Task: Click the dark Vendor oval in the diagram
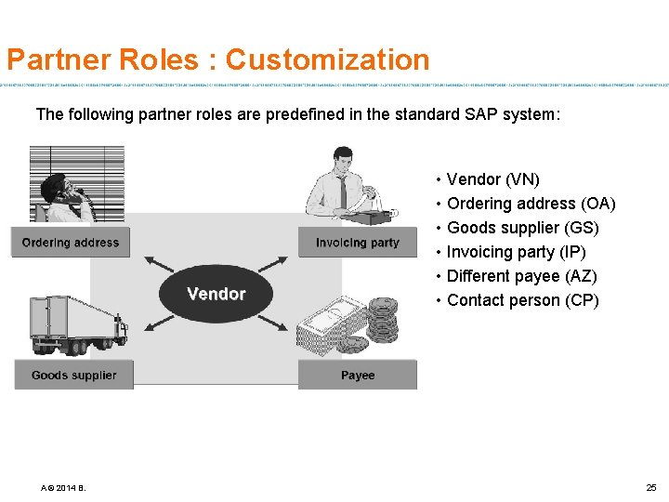(216, 294)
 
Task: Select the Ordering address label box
(71, 243)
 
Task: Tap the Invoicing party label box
(358, 243)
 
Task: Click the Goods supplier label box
(74, 375)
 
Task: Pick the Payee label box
(358, 375)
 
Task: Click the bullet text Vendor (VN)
(492, 179)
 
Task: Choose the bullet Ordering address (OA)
(531, 204)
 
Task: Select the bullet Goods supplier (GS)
(522, 228)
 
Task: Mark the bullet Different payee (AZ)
(521, 276)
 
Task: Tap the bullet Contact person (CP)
(522, 300)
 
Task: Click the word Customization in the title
(327, 60)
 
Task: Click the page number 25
(650, 487)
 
